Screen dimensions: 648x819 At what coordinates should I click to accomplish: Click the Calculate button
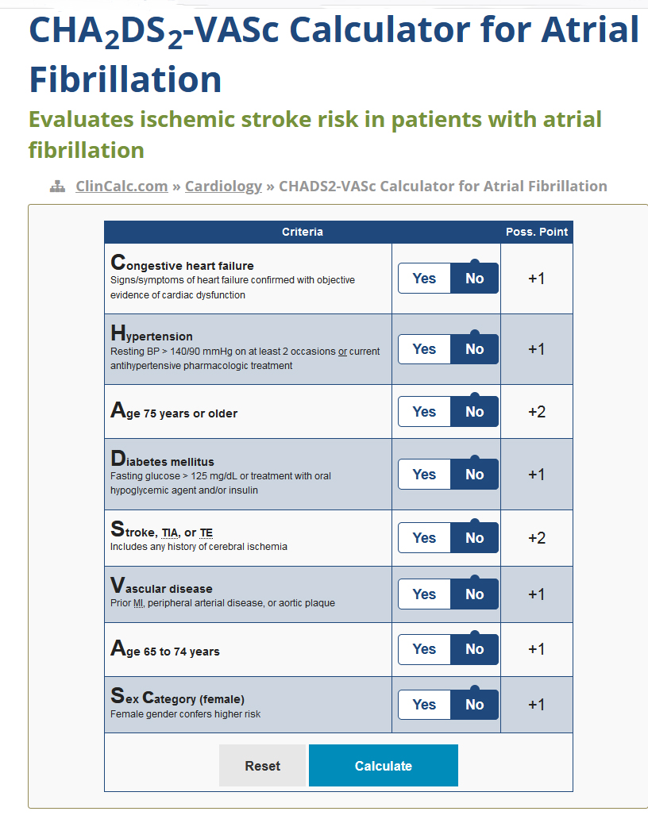click(x=383, y=765)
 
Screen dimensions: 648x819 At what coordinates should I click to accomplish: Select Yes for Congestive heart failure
click(x=424, y=279)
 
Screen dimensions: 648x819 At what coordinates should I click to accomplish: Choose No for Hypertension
click(x=475, y=349)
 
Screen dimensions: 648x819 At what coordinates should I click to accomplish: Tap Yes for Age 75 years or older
click(x=424, y=412)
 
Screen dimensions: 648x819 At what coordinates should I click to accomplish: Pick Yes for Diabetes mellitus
click(x=424, y=475)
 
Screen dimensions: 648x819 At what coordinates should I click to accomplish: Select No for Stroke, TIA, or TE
click(x=475, y=537)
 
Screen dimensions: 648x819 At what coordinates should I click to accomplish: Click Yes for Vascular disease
click(x=424, y=594)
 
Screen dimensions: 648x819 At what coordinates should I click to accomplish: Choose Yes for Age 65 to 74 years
click(x=424, y=649)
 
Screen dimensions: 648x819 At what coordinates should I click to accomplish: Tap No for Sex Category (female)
click(x=475, y=705)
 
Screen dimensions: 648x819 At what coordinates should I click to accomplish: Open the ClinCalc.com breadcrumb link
click(x=121, y=186)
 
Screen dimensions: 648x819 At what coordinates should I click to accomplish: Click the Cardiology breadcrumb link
click(x=223, y=186)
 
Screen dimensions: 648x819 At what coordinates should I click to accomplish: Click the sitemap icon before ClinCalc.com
click(x=57, y=186)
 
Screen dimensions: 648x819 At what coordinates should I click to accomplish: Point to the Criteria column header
click(x=303, y=232)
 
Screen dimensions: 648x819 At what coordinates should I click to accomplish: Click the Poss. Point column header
click(x=537, y=232)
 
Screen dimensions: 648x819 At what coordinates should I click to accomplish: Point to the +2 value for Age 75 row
click(x=537, y=412)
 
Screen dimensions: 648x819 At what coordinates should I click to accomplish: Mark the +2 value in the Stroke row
click(x=537, y=537)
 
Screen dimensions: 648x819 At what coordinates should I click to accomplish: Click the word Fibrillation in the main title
click(x=125, y=79)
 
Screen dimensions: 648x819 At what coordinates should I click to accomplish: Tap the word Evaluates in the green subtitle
click(x=80, y=120)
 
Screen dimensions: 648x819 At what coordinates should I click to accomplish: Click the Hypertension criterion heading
click(x=152, y=333)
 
